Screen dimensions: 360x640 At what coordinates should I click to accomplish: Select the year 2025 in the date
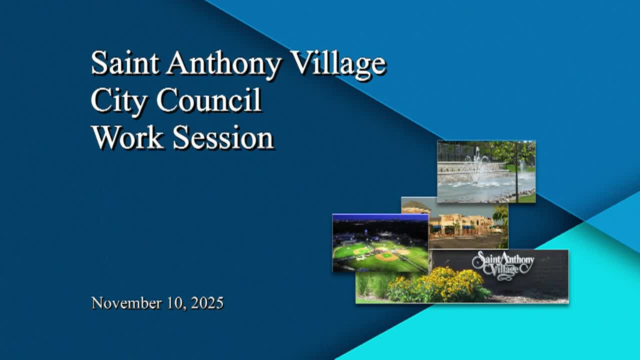click(x=206, y=303)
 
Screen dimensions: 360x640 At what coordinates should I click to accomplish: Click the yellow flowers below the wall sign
click(x=440, y=285)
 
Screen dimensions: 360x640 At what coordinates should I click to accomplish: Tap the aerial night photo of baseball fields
click(x=380, y=243)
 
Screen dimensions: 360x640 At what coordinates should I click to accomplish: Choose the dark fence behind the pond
click(x=455, y=152)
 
